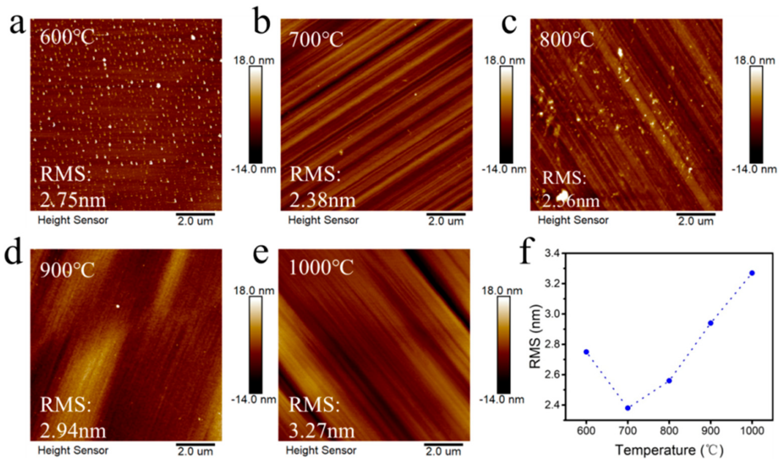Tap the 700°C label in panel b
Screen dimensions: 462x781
pos(316,40)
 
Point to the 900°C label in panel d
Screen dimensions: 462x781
pos(67,270)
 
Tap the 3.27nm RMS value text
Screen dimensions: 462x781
pos(322,431)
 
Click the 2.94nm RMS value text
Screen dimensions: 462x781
pos(73,431)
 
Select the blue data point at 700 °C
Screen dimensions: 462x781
pos(628,408)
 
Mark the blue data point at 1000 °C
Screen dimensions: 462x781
pos(752,273)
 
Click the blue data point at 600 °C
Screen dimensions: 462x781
pos(586,352)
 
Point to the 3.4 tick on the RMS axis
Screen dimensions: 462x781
pos(551,254)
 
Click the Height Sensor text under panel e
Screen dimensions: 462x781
pos(321,450)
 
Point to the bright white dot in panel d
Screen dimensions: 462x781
pos(118,306)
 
